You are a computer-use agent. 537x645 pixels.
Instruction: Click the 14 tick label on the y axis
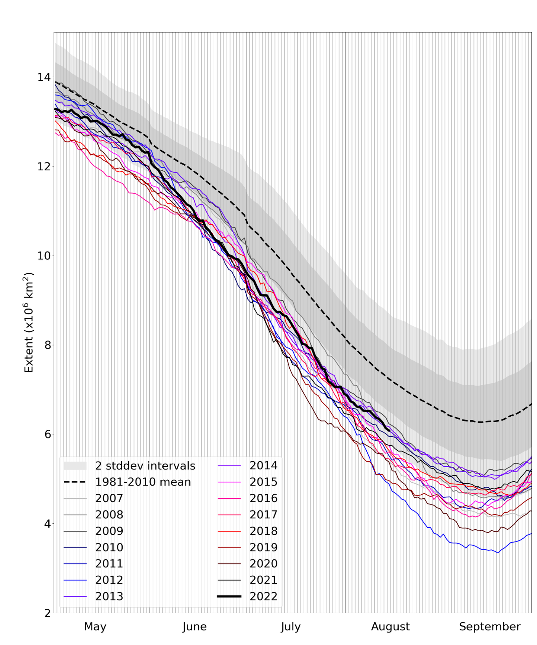pyautogui.click(x=44, y=77)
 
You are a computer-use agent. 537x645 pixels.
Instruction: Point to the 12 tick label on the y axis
pyautogui.click(x=44, y=166)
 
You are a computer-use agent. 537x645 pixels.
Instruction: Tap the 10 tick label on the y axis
pyautogui.click(x=44, y=256)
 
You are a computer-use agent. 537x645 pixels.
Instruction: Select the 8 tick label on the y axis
pyautogui.click(x=47, y=345)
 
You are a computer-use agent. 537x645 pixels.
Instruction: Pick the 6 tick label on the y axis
pyautogui.click(x=47, y=434)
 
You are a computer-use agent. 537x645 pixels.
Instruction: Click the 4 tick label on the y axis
pyautogui.click(x=47, y=524)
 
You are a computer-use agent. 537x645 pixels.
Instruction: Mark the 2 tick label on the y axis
pyautogui.click(x=47, y=613)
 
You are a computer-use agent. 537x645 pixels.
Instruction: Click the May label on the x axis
pyautogui.click(x=95, y=627)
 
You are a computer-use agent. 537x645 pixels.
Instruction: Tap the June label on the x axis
pyautogui.click(x=195, y=627)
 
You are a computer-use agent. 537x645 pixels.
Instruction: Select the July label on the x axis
pyautogui.click(x=291, y=627)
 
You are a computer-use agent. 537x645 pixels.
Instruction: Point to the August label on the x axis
pyautogui.click(x=390, y=627)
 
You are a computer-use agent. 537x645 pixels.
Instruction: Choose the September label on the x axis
pyautogui.click(x=490, y=627)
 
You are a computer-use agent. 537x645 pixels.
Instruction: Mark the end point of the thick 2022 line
pyautogui.click(x=389, y=430)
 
